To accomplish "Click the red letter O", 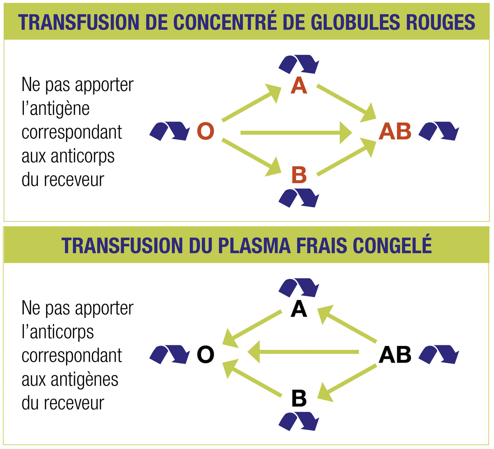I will coord(205,131).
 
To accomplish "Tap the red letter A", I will coord(299,86).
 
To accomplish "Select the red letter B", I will coord(299,175).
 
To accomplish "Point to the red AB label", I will coord(395,131).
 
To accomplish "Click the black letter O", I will coord(205,354).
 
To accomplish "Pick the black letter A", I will coord(299,309).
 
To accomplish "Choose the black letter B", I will coord(299,398).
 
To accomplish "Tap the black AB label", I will coord(395,354).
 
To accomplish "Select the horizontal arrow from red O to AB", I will coord(295,133).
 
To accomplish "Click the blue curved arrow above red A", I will coord(299,64).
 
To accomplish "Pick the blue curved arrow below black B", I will coord(299,421).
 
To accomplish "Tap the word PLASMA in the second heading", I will coord(255,246).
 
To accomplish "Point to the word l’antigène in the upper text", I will coord(56,108).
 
